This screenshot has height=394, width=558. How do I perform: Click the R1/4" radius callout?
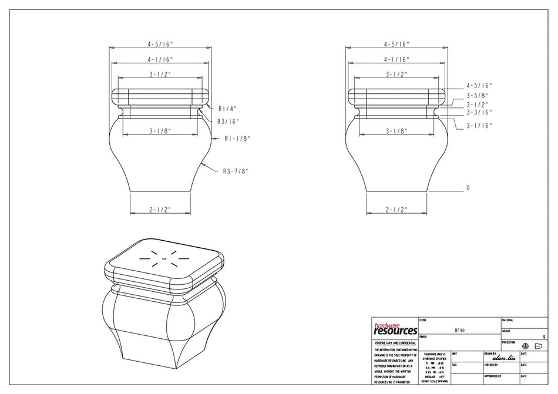click(227, 109)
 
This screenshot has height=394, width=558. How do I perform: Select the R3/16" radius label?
click(228, 122)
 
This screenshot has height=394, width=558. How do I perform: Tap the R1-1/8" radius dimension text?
click(237, 139)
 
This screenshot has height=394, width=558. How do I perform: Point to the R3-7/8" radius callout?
click(236, 171)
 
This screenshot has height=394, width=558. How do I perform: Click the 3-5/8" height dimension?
click(478, 95)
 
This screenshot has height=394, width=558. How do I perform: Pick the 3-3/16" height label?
click(479, 112)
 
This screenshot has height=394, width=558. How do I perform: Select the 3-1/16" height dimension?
click(479, 126)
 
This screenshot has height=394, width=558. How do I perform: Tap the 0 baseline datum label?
click(468, 188)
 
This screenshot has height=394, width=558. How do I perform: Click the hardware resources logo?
click(395, 328)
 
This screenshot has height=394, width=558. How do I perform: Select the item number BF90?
click(460, 330)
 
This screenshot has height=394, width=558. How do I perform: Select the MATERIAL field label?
click(507, 320)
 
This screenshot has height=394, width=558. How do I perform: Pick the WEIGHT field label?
click(506, 331)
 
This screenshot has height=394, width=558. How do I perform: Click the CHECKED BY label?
click(492, 365)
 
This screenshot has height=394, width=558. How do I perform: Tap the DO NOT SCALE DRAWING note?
click(434, 381)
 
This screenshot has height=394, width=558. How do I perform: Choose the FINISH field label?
click(423, 336)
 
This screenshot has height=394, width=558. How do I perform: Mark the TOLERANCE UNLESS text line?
click(434, 354)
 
